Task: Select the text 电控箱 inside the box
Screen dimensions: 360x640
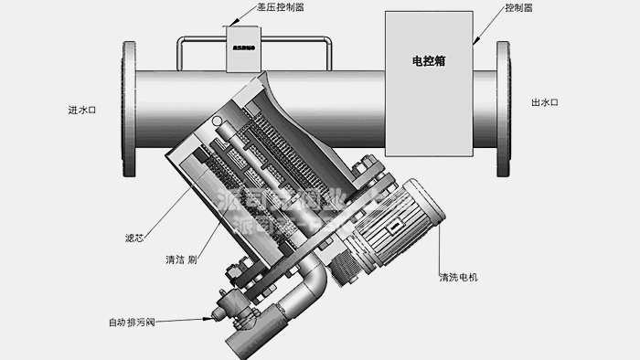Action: [x=428, y=62]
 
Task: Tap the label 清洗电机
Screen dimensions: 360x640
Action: [x=459, y=277]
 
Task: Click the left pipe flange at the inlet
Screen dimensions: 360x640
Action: [x=127, y=109]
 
